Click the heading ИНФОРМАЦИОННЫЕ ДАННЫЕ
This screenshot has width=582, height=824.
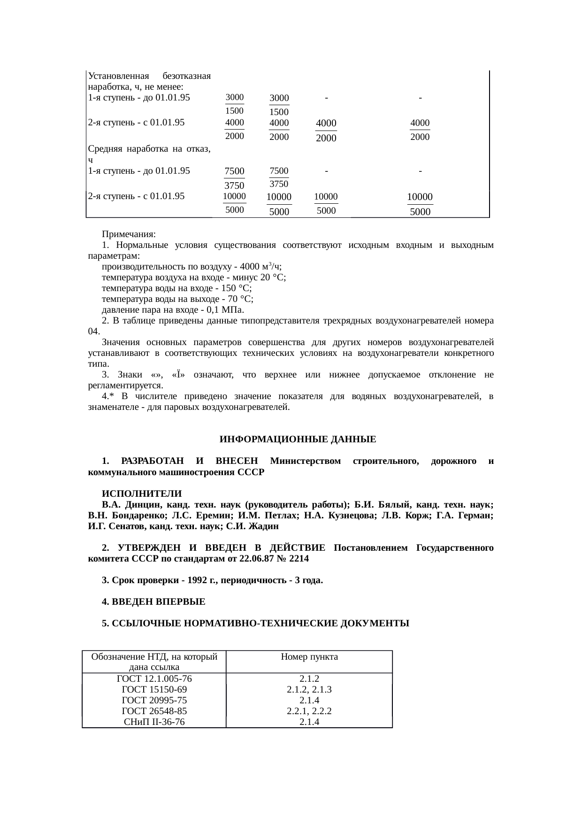coord(298,439)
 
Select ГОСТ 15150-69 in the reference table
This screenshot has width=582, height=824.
coord(154,689)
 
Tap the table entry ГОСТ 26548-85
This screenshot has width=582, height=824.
coord(154,711)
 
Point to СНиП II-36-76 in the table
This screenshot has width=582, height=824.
coord(154,722)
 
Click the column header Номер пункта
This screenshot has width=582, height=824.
coord(309,657)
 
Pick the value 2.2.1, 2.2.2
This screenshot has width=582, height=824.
coord(309,711)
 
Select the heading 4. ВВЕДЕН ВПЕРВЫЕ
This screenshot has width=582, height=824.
coord(153,602)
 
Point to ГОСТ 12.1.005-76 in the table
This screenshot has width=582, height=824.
coord(154,678)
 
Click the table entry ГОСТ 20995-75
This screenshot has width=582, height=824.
coord(154,700)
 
